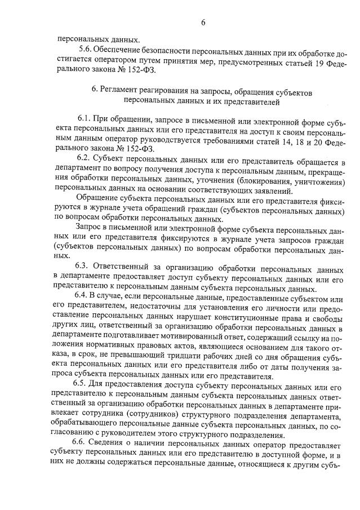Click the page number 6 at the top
[x=203, y=23]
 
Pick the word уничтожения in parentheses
[x=319, y=184]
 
